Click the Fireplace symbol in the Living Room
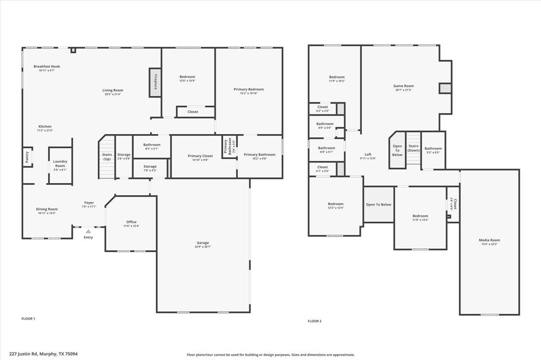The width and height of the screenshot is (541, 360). click(155, 82)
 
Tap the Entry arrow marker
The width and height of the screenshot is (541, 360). click(88, 231)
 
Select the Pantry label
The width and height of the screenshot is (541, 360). click(26, 157)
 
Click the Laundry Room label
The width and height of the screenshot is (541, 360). click(60, 164)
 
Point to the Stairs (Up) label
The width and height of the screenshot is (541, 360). click(107, 157)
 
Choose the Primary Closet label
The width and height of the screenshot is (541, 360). click(200, 156)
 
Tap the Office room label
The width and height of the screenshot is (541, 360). click(131, 222)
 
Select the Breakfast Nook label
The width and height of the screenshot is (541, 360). click(47, 67)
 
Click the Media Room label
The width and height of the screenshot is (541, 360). click(489, 240)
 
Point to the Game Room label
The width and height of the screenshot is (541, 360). click(404, 86)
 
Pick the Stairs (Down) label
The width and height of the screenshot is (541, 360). click(414, 148)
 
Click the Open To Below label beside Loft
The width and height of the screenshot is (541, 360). click(397, 150)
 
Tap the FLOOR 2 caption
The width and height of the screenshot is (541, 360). click(314, 321)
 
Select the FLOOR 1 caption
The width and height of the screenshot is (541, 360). click(28, 319)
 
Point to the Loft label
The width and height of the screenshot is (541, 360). click(368, 155)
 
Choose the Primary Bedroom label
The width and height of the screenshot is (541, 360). click(249, 89)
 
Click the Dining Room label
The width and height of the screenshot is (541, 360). click(47, 209)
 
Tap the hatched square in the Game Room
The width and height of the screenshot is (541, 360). click(445, 89)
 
